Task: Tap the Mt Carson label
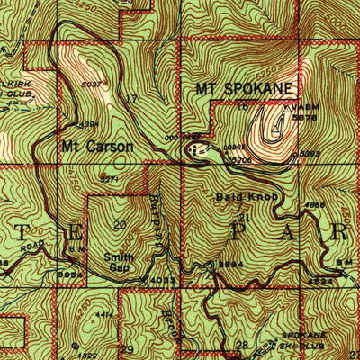tap(97, 145)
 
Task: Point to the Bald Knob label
tap(238, 196)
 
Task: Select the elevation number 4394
tap(89, 124)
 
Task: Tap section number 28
tap(240, 344)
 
